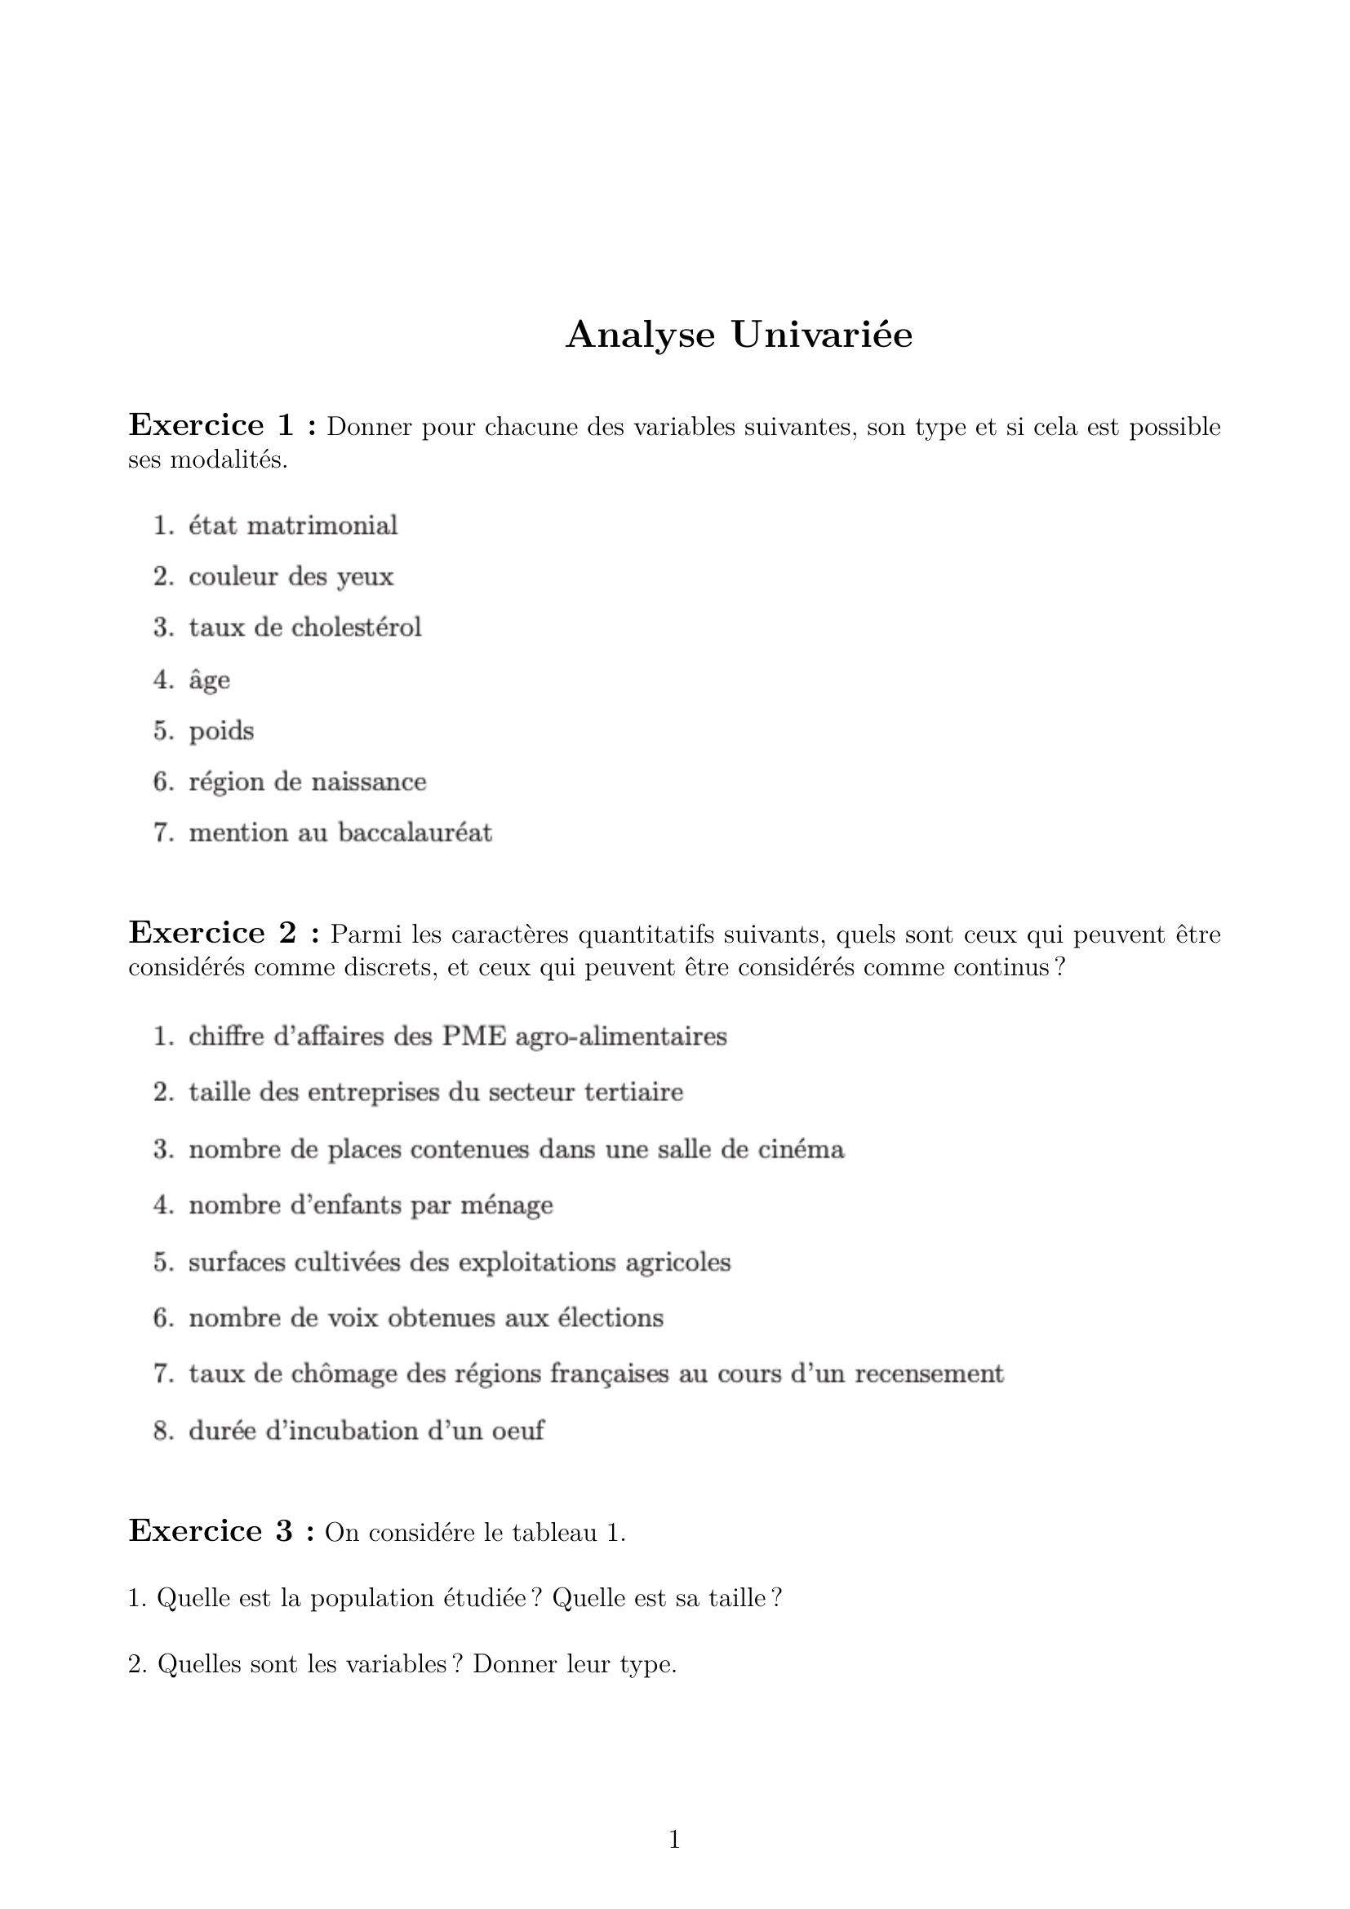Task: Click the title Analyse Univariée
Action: pyautogui.click(x=738, y=335)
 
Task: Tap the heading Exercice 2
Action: pyautogui.click(x=224, y=933)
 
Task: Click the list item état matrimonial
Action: pyautogui.click(x=293, y=526)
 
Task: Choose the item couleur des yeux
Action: pyautogui.click(x=291, y=576)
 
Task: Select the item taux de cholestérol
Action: pyautogui.click(x=305, y=627)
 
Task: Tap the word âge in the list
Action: pyautogui.click(x=210, y=679)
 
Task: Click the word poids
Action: pyautogui.click(x=221, y=730)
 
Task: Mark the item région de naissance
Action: pyautogui.click(x=308, y=782)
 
